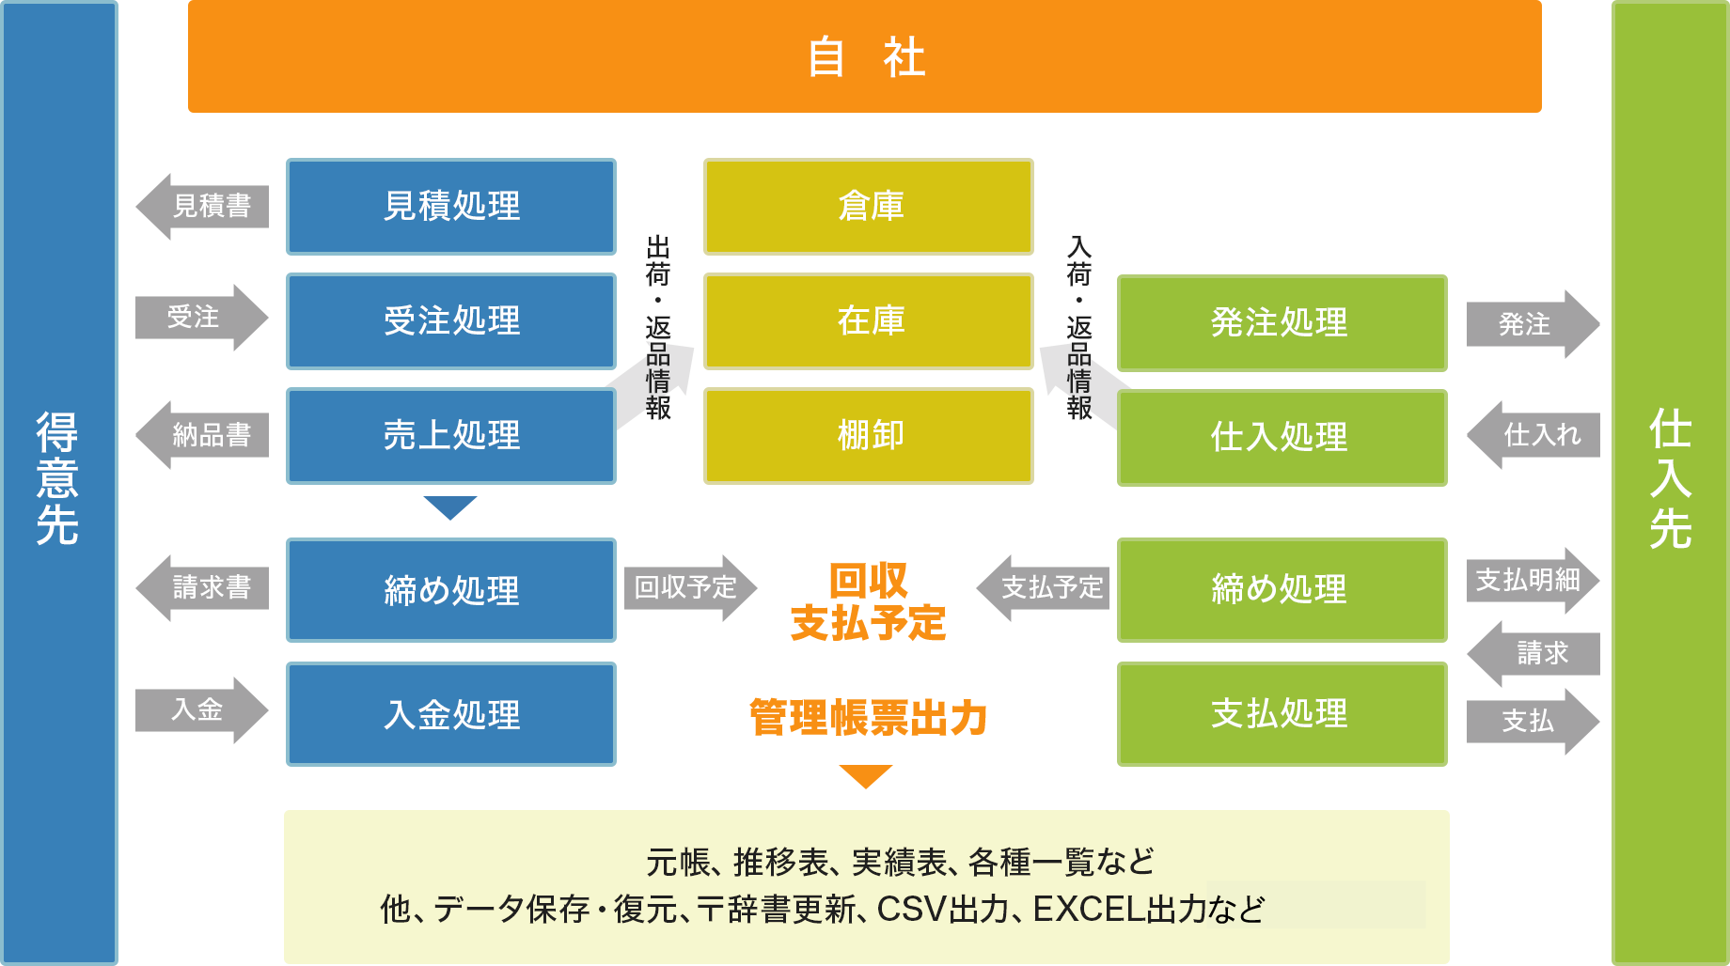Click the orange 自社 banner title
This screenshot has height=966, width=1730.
[x=865, y=56]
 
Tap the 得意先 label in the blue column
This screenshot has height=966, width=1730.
[x=57, y=479]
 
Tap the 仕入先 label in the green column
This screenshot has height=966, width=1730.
[x=1670, y=479]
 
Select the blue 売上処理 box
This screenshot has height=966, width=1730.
[x=451, y=435]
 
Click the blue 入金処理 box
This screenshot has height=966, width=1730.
[x=451, y=715]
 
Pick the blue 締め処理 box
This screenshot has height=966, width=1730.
[x=451, y=591]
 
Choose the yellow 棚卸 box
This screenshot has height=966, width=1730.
[x=870, y=435]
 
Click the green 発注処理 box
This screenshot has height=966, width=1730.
[x=1280, y=322]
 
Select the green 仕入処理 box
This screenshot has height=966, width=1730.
[x=1280, y=437]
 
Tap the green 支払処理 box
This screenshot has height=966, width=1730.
[x=1280, y=714]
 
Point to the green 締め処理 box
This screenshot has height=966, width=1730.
[x=1280, y=589]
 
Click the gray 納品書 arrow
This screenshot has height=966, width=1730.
[x=209, y=435]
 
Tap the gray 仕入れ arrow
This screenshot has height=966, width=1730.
[x=1539, y=435]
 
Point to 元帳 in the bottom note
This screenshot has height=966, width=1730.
[x=675, y=863]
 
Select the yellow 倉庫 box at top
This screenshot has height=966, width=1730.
[x=870, y=206]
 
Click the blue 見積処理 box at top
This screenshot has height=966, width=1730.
[x=451, y=206]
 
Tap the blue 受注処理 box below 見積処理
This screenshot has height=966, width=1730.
[x=451, y=320]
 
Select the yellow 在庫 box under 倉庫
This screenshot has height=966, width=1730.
[x=870, y=320]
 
